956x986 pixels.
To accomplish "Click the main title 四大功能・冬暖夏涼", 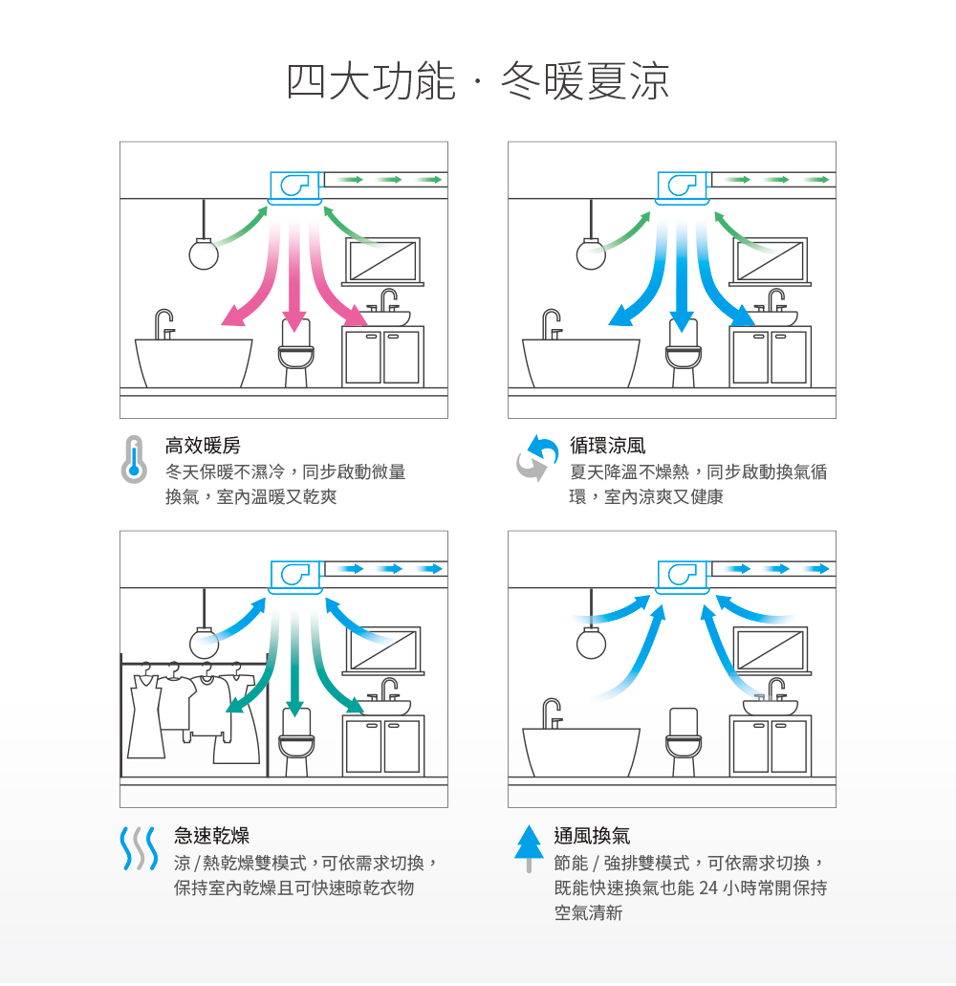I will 478,81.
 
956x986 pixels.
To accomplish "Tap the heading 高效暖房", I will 203,445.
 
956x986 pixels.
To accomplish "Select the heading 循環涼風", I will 607,445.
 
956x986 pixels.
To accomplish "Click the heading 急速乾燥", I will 211,836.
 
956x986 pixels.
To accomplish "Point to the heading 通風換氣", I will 592,836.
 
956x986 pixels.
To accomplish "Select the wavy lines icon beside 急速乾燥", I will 138,848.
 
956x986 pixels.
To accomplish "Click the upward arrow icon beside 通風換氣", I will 529,846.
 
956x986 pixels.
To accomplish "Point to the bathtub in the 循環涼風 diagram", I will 580,361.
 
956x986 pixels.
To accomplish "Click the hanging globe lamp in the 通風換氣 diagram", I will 591,642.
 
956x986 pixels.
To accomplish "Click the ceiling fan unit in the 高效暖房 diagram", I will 293,186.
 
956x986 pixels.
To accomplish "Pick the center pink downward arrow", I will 295,277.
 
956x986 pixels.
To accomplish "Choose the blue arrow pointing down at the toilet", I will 681,277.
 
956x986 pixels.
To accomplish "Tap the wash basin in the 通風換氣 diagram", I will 770,707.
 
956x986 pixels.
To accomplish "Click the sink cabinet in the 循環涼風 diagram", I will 771,357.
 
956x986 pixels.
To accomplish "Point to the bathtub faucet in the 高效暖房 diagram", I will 164,323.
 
